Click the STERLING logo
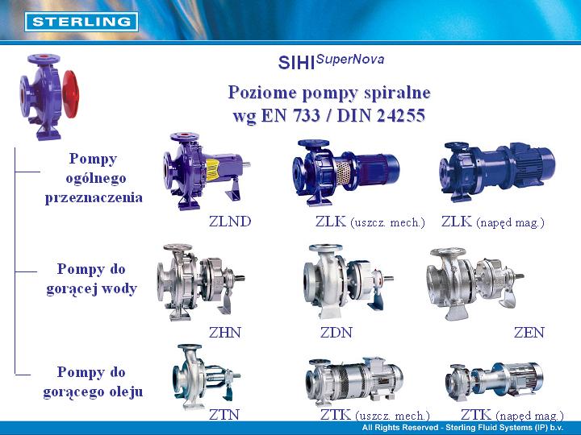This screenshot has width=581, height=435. click(82, 22)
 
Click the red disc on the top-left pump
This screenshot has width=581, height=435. click(71, 94)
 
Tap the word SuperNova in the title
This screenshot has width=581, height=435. click(350, 60)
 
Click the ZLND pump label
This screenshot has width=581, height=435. click(230, 222)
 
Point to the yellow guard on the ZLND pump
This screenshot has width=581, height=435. click(213, 170)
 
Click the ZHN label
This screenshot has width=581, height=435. click(225, 333)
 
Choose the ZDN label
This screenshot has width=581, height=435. click(336, 333)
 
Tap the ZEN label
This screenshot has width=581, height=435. click(529, 333)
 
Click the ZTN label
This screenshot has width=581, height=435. click(224, 415)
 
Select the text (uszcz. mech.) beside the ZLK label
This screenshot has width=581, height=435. click(387, 222)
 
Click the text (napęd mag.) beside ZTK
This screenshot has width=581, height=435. click(529, 416)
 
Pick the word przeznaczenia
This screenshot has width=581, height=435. click(94, 198)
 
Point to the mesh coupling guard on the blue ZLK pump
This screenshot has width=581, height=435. click(343, 172)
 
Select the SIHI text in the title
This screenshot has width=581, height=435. click(296, 63)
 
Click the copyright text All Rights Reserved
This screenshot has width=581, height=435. click(400, 428)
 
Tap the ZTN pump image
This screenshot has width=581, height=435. click(206, 375)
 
